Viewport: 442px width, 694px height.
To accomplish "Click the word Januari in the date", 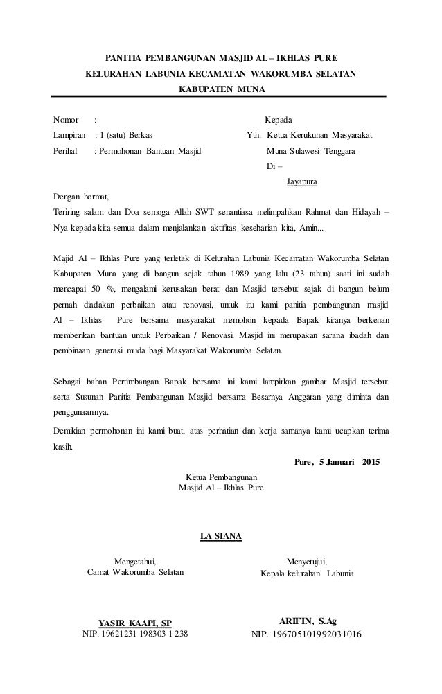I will [x=337, y=461].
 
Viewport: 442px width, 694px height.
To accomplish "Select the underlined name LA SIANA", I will [x=220, y=535].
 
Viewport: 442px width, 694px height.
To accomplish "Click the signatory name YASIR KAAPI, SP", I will [x=135, y=621].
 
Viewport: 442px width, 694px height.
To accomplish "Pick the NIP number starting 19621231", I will [x=135, y=633].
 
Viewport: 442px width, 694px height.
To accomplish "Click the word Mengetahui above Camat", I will [x=135, y=562].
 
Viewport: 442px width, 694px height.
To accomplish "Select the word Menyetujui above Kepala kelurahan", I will [x=307, y=562].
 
